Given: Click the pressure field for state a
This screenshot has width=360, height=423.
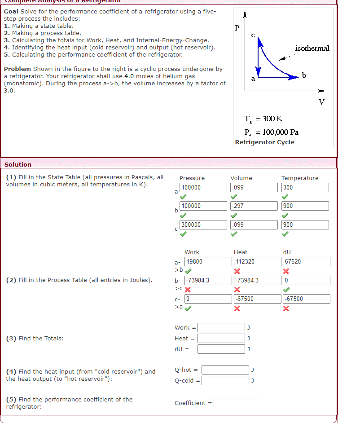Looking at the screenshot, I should [203, 187].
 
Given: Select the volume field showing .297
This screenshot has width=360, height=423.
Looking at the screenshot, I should [254, 206].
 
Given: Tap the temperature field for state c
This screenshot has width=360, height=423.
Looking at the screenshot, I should [305, 225].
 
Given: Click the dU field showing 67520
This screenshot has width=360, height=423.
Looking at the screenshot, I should [306, 261].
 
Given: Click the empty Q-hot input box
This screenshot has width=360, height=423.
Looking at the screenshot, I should [225, 370].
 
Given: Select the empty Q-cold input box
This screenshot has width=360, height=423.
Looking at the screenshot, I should [225, 380].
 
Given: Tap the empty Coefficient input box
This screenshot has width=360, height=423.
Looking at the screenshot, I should [237, 403].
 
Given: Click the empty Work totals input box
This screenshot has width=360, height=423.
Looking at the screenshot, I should [221, 327].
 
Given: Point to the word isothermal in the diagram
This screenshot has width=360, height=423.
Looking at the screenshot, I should [312, 48].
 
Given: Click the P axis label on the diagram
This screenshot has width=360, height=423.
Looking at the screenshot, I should [237, 28].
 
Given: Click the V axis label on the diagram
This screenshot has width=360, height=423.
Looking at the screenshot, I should [321, 101].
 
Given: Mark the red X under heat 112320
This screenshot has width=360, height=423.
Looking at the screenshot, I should [237, 271].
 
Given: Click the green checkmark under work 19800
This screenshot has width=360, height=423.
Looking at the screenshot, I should [189, 271].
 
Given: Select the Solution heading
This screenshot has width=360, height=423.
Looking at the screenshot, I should [18, 165].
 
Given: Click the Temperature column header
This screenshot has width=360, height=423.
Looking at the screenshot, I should [299, 178].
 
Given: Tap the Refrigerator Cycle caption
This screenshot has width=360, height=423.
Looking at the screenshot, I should [264, 142].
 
